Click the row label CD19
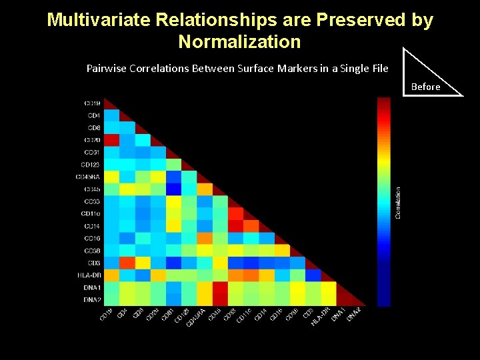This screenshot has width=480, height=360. point(92,103)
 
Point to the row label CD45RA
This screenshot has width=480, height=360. point(88,177)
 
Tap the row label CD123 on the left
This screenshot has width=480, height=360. point(91,165)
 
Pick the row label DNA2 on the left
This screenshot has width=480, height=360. point(92,299)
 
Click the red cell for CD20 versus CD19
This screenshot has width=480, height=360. point(111,140)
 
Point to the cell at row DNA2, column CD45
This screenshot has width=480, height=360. point(220,299)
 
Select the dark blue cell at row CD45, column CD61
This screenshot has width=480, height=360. point(173,189)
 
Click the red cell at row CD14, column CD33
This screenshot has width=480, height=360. point(235,225)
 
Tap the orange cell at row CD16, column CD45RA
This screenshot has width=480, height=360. point(205,237)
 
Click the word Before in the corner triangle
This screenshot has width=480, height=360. point(425,87)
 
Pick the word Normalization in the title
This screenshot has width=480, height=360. point(239,42)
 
